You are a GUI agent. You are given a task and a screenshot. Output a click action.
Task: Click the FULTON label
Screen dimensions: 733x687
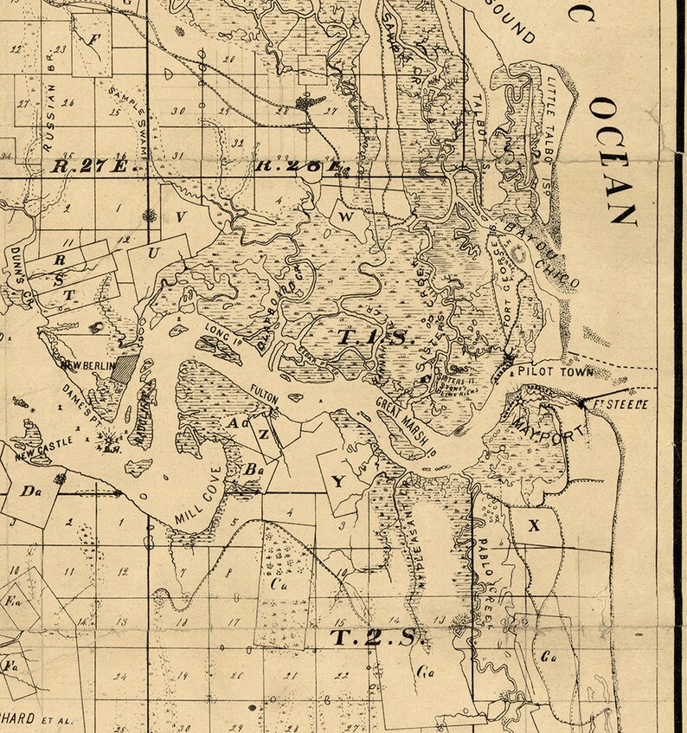(x=263, y=394)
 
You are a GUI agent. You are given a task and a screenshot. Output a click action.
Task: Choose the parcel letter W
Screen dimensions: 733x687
(x=345, y=217)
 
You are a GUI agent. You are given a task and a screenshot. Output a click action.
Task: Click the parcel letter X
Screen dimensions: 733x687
(x=534, y=524)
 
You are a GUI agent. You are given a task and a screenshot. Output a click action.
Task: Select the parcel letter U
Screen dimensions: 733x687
(x=155, y=253)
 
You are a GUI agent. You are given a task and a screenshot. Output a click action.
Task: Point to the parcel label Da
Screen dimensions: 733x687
(x=33, y=492)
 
